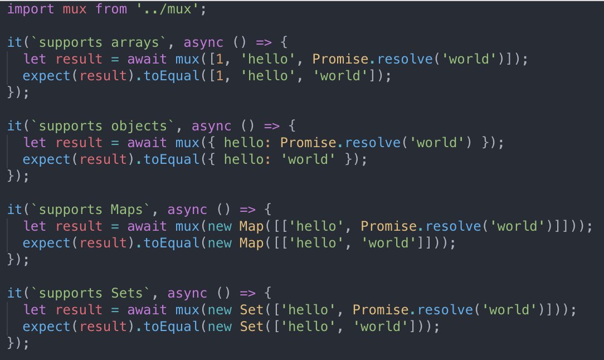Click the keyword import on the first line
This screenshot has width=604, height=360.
31,9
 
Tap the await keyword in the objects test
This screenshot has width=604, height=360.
148,143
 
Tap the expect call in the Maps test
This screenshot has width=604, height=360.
47,243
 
